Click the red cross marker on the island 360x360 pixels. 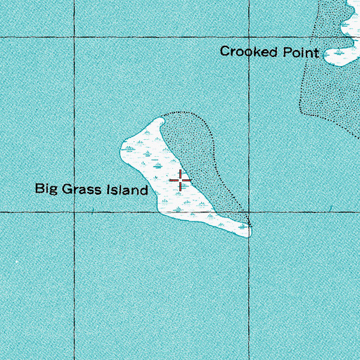tap(181, 181)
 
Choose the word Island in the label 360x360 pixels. tap(129, 190)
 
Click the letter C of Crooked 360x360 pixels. tap(224, 51)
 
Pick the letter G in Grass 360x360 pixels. tap(69, 190)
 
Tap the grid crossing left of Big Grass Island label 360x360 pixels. tap(74, 211)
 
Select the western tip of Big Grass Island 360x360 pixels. tap(122, 148)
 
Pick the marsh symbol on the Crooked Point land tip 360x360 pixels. tap(340, 53)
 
